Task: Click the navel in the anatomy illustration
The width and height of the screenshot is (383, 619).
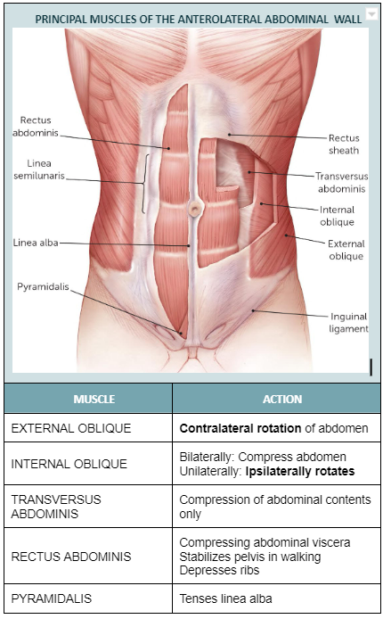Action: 193,210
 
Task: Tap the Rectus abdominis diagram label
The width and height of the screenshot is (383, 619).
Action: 35,126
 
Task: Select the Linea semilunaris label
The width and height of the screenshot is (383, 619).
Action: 38,169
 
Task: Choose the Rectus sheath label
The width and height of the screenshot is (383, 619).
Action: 344,144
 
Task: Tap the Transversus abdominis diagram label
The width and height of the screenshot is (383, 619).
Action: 341,182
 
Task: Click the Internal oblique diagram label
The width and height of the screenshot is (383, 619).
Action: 337,216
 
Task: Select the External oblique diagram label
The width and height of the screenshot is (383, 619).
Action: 346,250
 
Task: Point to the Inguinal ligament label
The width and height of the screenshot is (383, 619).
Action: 348,322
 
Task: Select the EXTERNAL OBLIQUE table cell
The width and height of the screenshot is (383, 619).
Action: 71,428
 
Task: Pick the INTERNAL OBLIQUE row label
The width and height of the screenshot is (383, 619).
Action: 69,464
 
